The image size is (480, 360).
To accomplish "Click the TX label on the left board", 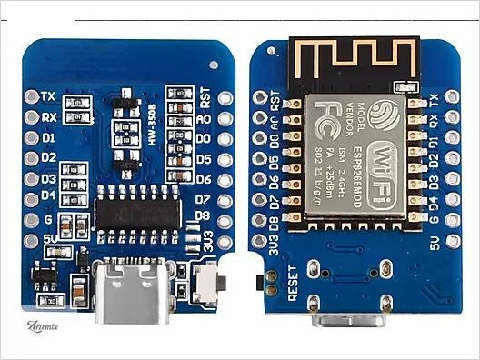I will [49, 95].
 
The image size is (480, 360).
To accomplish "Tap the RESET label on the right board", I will [294, 283].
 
